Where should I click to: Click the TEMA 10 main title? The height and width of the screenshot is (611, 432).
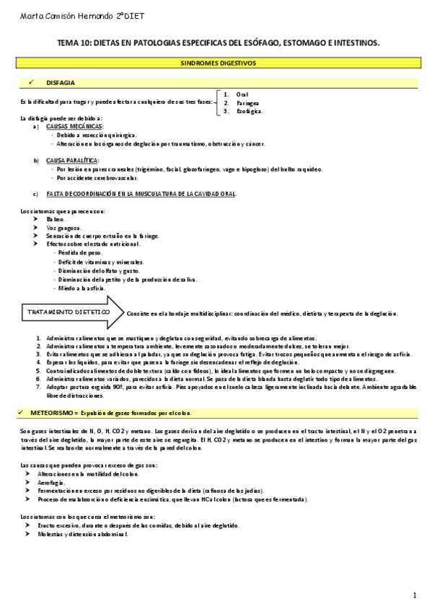(x=218, y=43)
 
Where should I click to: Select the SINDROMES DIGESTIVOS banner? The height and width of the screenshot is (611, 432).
(x=217, y=63)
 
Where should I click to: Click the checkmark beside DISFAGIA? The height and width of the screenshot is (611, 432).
(x=32, y=83)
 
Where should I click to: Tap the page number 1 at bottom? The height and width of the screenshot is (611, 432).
(x=415, y=595)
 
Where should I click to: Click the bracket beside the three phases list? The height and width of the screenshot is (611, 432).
(x=217, y=102)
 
